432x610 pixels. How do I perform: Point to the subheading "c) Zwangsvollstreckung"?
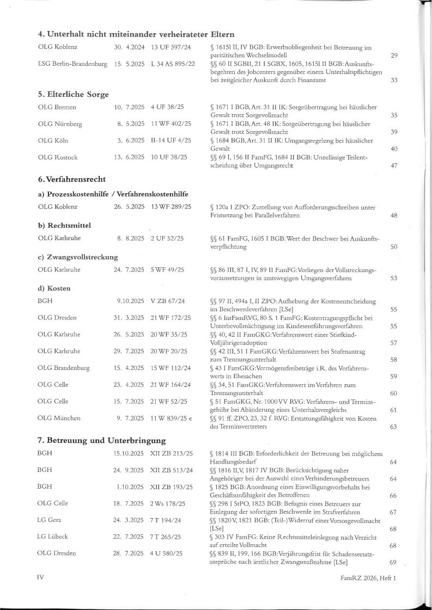point(78,257)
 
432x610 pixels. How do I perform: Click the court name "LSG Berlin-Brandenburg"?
point(72,64)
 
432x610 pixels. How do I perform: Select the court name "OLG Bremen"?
point(57,107)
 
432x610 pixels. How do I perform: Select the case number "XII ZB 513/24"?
point(172,470)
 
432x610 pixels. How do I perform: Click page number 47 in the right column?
point(394,165)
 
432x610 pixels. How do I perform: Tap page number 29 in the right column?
point(394,56)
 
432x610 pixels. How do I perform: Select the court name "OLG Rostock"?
point(58,157)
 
